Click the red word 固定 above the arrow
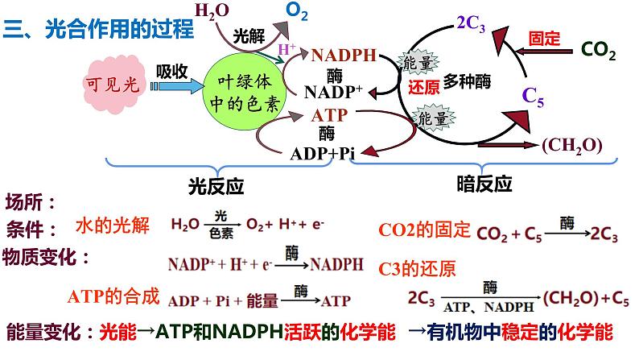click(x=545, y=37)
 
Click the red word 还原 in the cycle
click(x=423, y=86)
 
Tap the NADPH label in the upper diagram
click(x=344, y=56)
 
